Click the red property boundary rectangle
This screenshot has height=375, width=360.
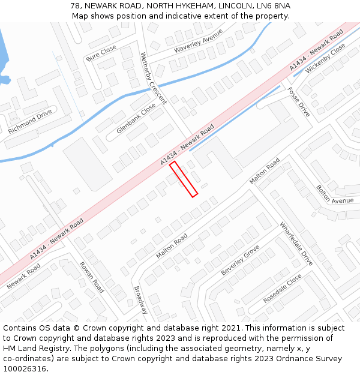point(184,179)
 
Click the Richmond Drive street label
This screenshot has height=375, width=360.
point(30,121)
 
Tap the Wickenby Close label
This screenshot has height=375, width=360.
point(325,58)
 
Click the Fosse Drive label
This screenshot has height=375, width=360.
point(298,101)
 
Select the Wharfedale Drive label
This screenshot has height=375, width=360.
point(296,244)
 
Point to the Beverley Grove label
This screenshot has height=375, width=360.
point(240,260)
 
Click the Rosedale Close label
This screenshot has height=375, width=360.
point(282,289)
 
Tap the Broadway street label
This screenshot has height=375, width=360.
point(141,300)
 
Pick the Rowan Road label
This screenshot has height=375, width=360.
point(92,277)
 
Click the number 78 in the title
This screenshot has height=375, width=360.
point(75,5)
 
